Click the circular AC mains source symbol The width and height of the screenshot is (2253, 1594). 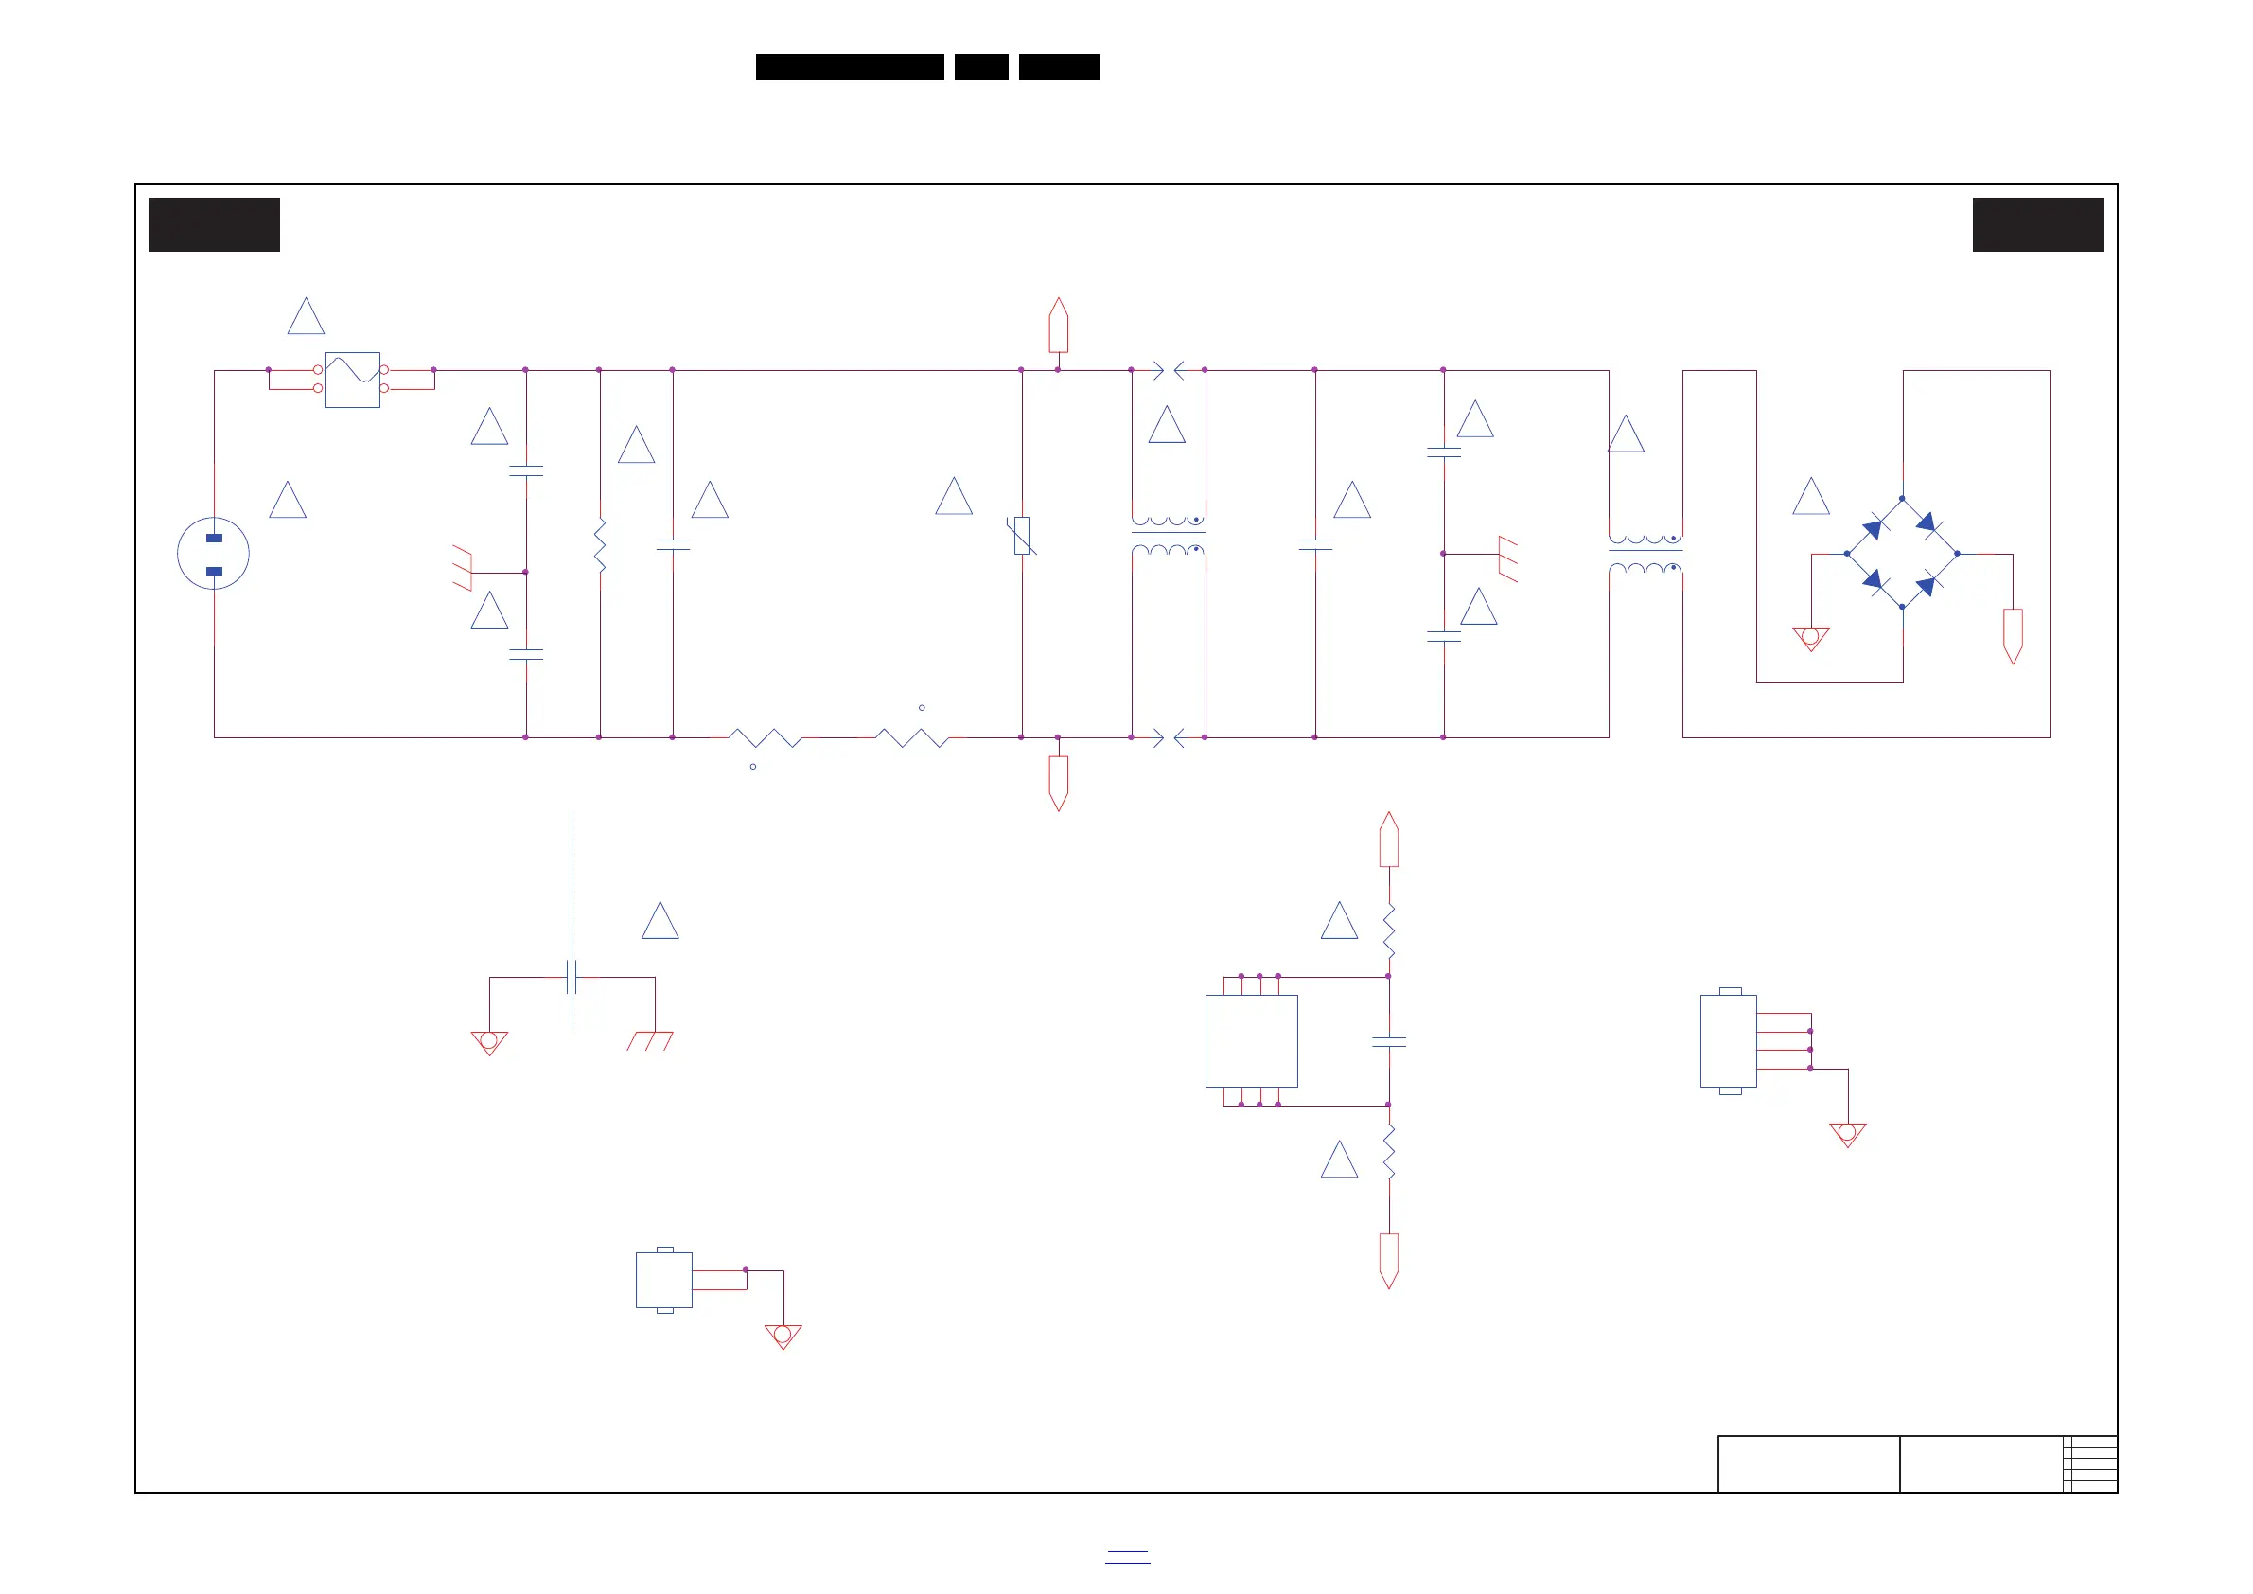[x=213, y=554]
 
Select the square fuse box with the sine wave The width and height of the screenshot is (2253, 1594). [x=352, y=380]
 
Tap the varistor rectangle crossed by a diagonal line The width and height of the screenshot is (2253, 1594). [x=1022, y=536]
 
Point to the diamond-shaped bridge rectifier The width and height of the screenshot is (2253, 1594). [x=1902, y=554]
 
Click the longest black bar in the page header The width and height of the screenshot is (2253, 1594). [x=850, y=67]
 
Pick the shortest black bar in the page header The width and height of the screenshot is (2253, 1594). [x=981, y=67]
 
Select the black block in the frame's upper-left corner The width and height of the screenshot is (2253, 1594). [x=214, y=224]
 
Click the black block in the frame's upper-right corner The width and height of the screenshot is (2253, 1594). [x=2038, y=224]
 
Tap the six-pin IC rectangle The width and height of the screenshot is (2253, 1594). [x=1251, y=1041]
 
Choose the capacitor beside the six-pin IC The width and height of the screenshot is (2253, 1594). [x=1388, y=1042]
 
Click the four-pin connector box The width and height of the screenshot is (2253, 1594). [x=1728, y=1041]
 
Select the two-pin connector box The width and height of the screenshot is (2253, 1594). [x=664, y=1280]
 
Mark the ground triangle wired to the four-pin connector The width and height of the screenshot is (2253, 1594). [x=1848, y=1135]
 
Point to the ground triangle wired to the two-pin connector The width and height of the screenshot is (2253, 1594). [x=783, y=1336]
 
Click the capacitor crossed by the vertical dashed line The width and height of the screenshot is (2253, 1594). [x=572, y=978]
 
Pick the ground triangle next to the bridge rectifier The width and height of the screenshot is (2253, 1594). [x=1810, y=638]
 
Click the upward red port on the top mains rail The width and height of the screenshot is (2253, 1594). [x=1058, y=326]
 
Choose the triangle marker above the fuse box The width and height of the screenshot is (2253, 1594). [x=307, y=317]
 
